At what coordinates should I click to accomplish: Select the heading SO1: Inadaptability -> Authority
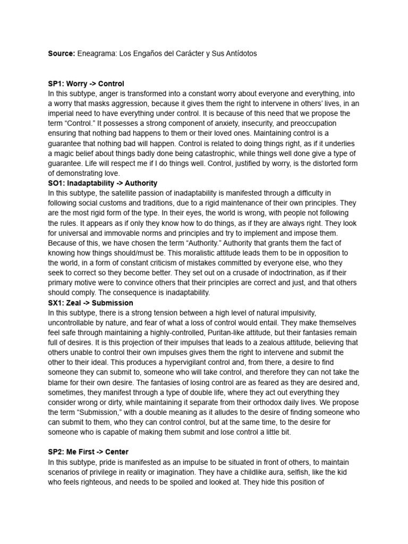pyautogui.click(x=103, y=183)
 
